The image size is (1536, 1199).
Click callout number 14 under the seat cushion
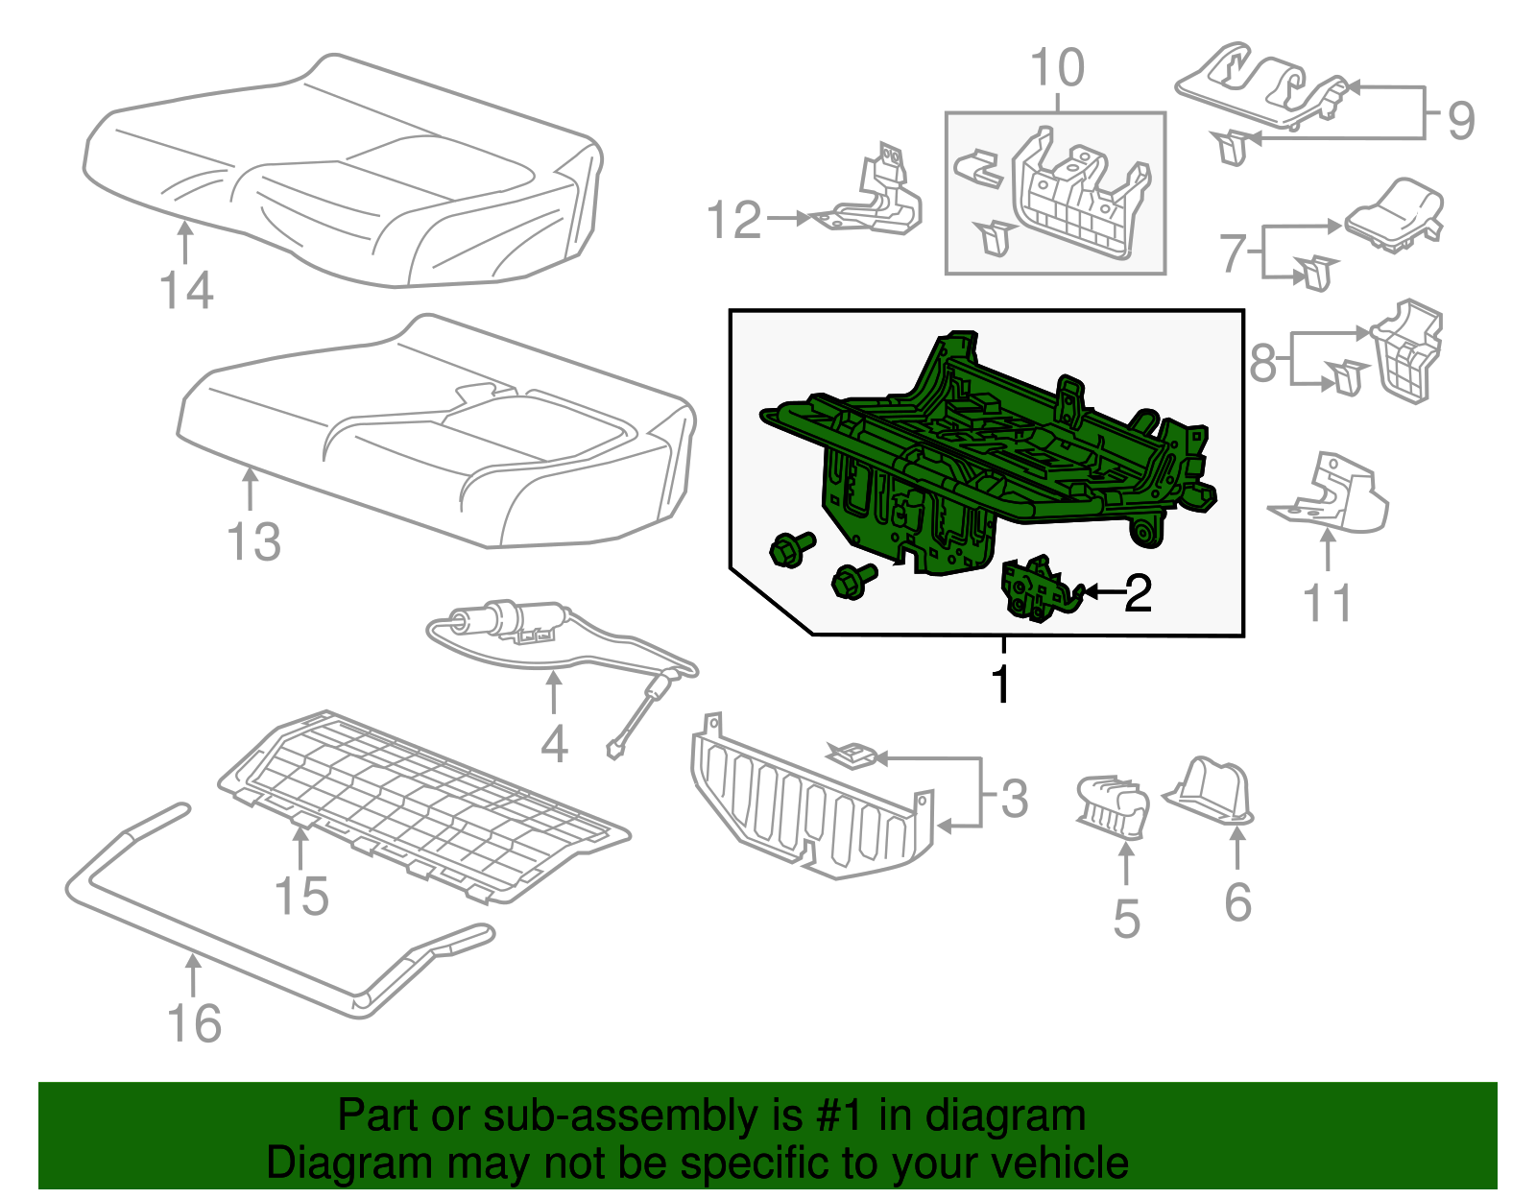pos(186,290)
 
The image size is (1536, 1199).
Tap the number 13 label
pos(254,542)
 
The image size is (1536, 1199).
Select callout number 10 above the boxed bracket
pos(1058,68)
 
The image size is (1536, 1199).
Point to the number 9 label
pos(1462,121)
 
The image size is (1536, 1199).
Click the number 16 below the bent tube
pos(194,1023)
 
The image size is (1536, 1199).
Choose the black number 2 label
pos(1138,593)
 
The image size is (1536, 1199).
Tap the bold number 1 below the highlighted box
pos(1001,683)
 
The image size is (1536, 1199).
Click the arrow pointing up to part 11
pos(1329,551)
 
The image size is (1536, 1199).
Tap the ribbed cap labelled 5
pos(1112,807)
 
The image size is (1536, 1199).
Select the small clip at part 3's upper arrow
pos(852,755)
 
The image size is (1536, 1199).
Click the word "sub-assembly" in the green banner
pos(642,1115)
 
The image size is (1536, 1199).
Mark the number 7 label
pos(1233,252)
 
